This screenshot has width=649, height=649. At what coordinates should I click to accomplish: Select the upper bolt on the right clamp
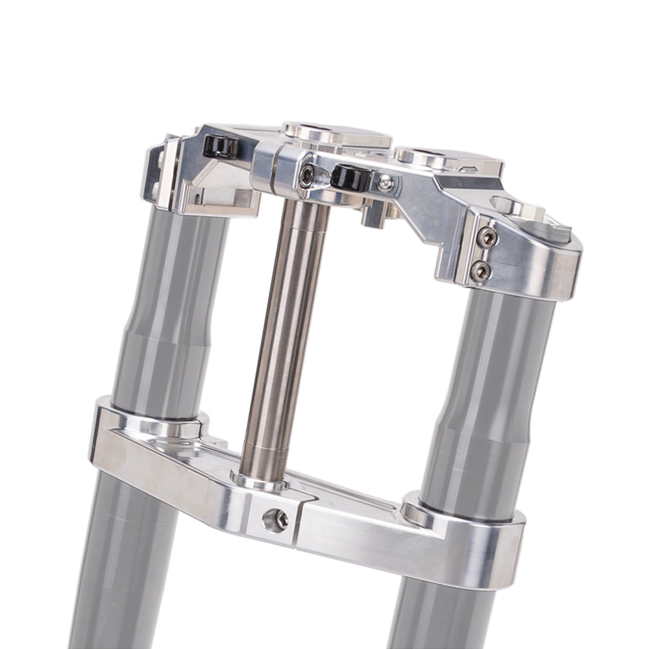point(487,238)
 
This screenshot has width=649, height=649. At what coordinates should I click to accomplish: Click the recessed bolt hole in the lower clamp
point(275,519)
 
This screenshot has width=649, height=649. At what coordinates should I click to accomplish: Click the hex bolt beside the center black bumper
point(306,173)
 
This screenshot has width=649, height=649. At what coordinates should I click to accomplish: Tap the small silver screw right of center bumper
point(386,184)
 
